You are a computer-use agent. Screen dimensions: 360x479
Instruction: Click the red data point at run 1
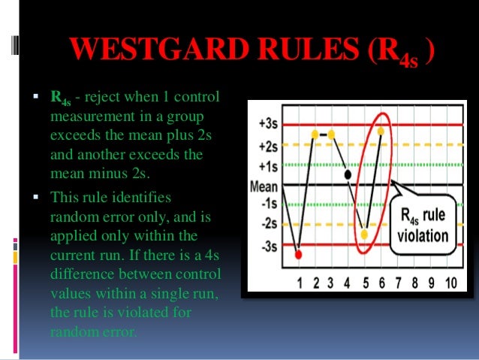(299, 255)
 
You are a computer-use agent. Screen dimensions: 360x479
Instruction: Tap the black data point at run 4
(348, 174)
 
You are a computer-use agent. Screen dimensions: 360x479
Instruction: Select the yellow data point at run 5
(364, 234)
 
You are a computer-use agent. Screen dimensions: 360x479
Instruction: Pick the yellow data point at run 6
(381, 131)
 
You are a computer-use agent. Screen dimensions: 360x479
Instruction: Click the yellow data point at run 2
(315, 134)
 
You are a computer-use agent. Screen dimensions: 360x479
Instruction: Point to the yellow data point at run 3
(331, 134)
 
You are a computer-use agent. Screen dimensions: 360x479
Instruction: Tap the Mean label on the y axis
(264, 187)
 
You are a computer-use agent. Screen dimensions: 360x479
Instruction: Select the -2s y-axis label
(268, 223)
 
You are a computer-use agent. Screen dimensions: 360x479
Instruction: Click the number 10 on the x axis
(450, 284)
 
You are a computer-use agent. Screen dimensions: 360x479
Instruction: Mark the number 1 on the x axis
(300, 284)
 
